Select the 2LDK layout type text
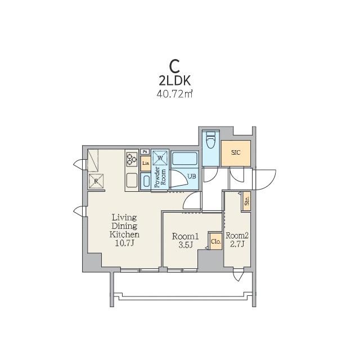click(x=174, y=81)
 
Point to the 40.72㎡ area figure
click(x=174, y=94)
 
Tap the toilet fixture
click(x=211, y=140)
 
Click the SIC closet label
click(x=236, y=152)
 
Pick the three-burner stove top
click(x=132, y=159)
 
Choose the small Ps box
click(x=145, y=151)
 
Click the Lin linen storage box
click(x=146, y=164)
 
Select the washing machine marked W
click(x=160, y=157)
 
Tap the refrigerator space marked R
click(x=96, y=181)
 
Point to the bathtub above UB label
click(x=185, y=158)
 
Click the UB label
click(x=192, y=176)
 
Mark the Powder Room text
click(x=160, y=177)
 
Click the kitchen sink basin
click(x=132, y=181)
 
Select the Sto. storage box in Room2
click(x=247, y=201)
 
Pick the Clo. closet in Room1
click(x=216, y=241)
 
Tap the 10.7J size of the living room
click(x=124, y=244)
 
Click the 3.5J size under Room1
click(x=185, y=245)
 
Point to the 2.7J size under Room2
click(x=237, y=244)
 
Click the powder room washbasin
click(x=146, y=181)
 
